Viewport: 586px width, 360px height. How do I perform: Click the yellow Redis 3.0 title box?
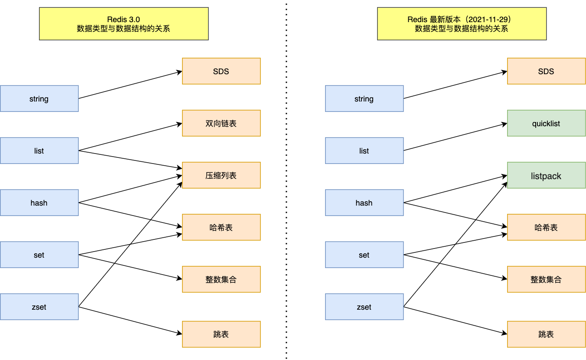tap(124, 24)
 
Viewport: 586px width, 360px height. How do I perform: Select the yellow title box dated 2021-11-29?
tap(462, 24)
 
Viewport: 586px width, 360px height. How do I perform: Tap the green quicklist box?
tap(546, 123)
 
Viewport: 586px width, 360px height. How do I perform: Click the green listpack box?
tap(546, 175)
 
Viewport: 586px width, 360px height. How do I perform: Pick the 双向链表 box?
tap(221, 123)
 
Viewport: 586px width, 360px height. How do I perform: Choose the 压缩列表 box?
tap(221, 175)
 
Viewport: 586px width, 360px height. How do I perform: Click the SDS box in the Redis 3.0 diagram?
tap(221, 71)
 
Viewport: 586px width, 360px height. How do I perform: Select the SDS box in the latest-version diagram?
tap(546, 71)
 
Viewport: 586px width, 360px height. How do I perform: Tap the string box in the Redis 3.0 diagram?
tap(39, 98)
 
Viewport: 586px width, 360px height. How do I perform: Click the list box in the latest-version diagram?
tap(364, 151)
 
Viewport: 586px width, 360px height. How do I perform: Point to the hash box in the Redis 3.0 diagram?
tap(39, 203)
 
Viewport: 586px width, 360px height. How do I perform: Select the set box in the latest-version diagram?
tap(364, 255)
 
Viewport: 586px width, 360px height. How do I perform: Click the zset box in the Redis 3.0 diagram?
tap(39, 307)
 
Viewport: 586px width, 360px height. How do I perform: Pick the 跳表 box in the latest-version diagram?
tap(546, 334)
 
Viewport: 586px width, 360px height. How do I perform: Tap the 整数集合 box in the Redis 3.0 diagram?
tap(221, 279)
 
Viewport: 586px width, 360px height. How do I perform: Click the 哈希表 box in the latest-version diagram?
tap(546, 227)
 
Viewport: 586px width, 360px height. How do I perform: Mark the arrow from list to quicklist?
tap(455, 137)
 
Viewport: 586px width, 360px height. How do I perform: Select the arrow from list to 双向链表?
tap(130, 137)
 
